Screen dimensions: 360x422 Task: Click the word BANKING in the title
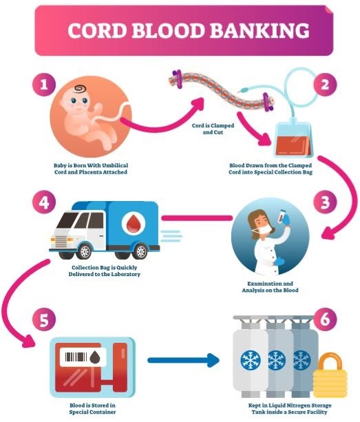pos(260,30)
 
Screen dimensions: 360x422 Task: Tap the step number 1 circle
pos(44,85)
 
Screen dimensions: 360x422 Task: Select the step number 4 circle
pos(44,202)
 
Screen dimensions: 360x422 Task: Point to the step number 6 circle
pos(325,319)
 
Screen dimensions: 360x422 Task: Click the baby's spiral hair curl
pos(80,88)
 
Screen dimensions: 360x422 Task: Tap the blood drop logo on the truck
pos(134,223)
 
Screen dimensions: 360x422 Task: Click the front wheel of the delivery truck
pos(85,252)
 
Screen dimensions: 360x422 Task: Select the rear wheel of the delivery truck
pos(140,252)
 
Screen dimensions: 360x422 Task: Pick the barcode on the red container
pos(76,357)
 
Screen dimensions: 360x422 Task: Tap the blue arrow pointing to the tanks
pos(184,360)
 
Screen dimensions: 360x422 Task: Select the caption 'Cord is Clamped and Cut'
pos(213,129)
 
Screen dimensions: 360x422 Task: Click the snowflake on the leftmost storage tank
pos(251,360)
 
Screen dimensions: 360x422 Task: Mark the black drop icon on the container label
pos(95,357)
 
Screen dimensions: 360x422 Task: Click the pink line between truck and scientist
pos(197,218)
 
